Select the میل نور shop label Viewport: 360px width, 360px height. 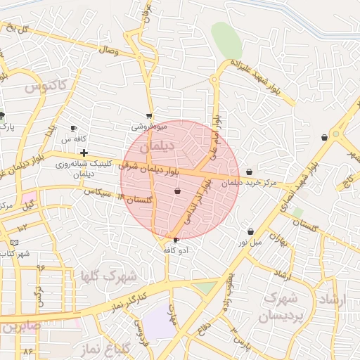pyautogui.click(x=247, y=243)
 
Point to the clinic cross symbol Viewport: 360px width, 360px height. pyautogui.click(x=84, y=153)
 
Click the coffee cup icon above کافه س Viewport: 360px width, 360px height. pyautogui.click(x=74, y=129)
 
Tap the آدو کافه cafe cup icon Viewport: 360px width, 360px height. pyautogui.click(x=175, y=240)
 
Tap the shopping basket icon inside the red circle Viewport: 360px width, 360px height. pyautogui.click(x=177, y=191)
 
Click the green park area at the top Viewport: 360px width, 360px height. pyautogui.click(x=227, y=40)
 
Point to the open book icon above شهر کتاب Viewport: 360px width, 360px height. pyautogui.click(x=14, y=242)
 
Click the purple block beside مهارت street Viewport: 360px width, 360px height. pyautogui.click(x=159, y=324)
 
